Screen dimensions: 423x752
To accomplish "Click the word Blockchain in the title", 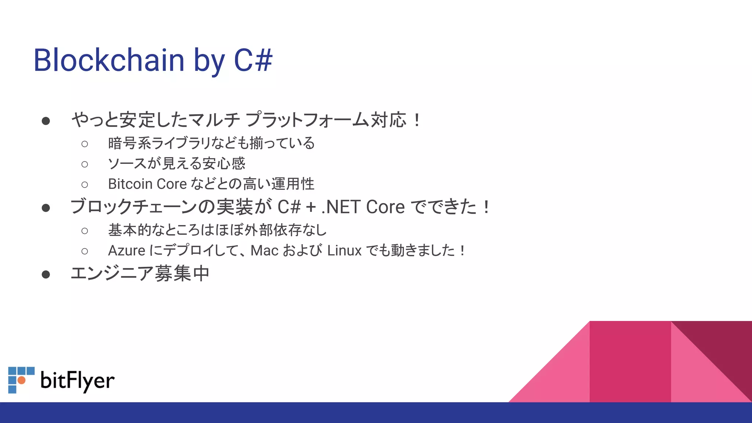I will [109, 60].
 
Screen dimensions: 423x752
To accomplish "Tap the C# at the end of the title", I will [253, 60].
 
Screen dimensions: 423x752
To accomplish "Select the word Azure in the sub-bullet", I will [127, 251].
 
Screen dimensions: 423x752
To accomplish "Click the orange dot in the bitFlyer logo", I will [22, 380].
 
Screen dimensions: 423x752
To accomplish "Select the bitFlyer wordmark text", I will [77, 380].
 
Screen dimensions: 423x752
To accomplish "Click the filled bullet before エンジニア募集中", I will [46, 274].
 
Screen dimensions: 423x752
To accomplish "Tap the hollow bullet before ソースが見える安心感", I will [85, 164].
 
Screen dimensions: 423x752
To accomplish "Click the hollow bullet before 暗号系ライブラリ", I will [85, 144].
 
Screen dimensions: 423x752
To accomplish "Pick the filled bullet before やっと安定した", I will [46, 121].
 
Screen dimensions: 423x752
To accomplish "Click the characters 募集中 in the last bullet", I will [182, 274].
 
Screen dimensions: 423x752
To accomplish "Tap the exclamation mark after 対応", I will [417, 120].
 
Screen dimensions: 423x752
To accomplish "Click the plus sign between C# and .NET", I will [311, 207].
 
